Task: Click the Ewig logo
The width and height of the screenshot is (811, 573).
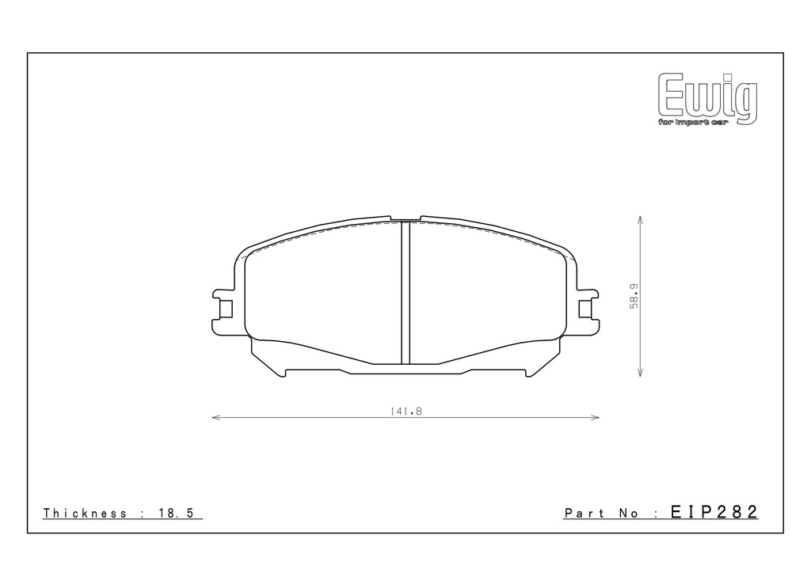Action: pyautogui.click(x=707, y=98)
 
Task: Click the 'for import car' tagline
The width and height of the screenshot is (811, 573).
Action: pyautogui.click(x=692, y=123)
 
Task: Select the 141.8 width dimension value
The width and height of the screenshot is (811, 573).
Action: pyautogui.click(x=406, y=412)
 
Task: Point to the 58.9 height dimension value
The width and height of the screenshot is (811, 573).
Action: pyautogui.click(x=634, y=296)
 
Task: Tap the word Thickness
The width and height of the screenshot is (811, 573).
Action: pyautogui.click(x=85, y=513)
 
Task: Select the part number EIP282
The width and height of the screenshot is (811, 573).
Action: pyautogui.click(x=714, y=511)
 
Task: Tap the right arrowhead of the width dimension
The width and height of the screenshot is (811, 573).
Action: pyautogui.click(x=596, y=417)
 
